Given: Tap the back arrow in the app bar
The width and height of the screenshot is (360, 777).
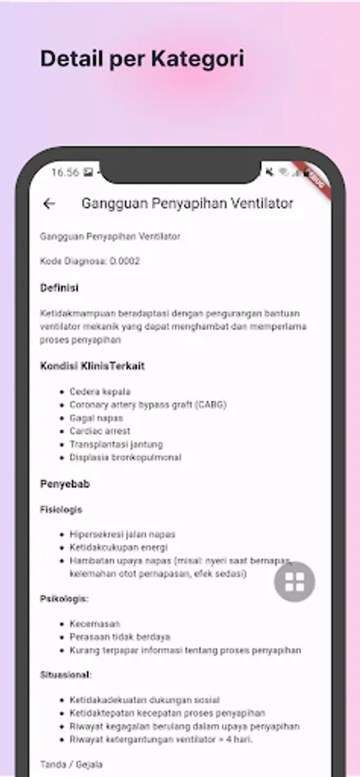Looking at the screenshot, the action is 49,204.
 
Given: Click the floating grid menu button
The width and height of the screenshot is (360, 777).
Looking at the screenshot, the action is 294,582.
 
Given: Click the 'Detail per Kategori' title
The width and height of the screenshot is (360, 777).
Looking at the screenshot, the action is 142,60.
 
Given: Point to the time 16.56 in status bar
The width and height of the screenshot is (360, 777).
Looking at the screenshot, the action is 65,173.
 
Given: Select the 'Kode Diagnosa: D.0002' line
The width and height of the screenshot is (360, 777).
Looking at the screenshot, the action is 90,261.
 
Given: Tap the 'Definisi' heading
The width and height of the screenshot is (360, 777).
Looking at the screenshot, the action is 60,287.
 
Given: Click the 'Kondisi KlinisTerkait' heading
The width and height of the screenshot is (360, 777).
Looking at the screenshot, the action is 92,366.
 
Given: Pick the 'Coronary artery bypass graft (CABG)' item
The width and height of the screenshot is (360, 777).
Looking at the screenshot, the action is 148,404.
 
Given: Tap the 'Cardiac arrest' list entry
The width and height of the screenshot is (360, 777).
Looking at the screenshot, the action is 101,431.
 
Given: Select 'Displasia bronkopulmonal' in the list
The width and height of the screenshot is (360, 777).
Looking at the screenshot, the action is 126,457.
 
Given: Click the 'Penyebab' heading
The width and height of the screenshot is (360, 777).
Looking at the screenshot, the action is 64,483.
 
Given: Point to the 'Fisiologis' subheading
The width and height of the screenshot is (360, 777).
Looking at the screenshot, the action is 61,509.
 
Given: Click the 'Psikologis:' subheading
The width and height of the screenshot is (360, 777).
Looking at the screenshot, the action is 65,597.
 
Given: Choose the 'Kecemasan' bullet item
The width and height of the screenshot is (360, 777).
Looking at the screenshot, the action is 95,623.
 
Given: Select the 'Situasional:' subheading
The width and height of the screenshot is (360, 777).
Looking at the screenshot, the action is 66,674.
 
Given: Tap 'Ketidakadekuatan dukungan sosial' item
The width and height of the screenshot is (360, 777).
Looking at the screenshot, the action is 144,700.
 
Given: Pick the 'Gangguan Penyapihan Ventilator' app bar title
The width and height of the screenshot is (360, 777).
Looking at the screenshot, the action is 187,204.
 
